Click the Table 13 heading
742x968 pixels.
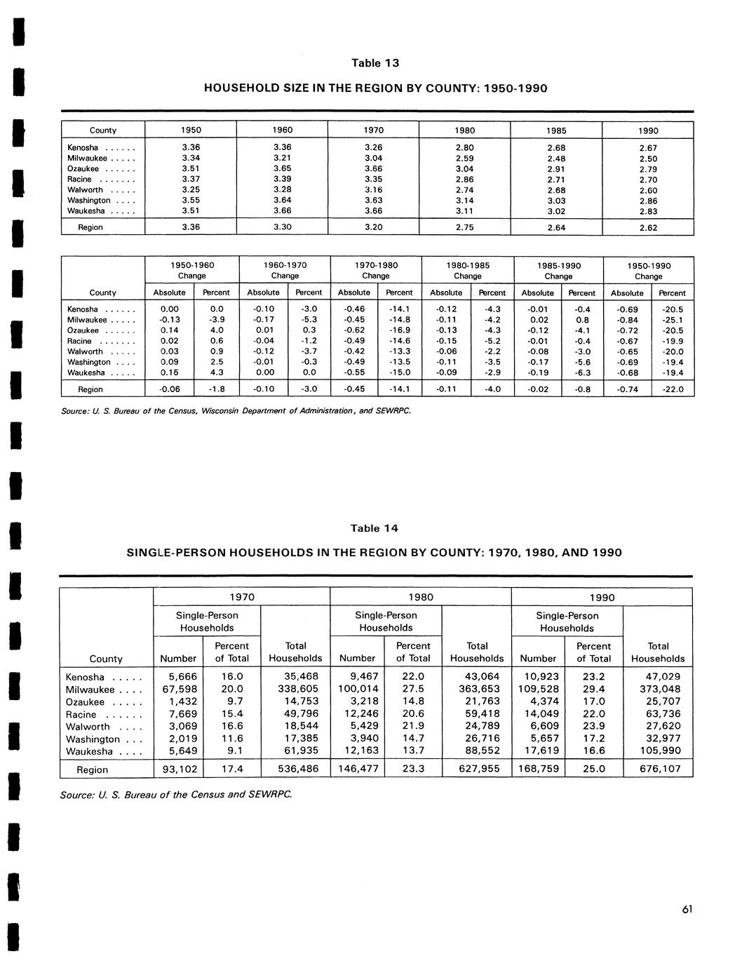[375, 63]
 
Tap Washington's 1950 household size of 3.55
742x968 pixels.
[190, 201]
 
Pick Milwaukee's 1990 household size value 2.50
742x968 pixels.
[648, 159]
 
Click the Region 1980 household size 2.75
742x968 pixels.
[464, 227]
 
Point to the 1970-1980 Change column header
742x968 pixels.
[376, 271]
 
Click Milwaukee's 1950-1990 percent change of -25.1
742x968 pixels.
[673, 320]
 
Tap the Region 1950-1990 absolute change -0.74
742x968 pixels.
[627, 389]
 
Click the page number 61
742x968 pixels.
[687, 910]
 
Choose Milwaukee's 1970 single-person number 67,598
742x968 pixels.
[179, 690]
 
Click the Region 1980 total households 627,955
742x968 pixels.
[476, 769]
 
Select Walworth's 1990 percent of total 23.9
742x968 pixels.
[593, 727]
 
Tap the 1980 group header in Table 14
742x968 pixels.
[421, 598]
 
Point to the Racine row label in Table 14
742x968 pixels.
[81, 715]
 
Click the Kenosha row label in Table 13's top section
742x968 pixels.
[83, 148]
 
